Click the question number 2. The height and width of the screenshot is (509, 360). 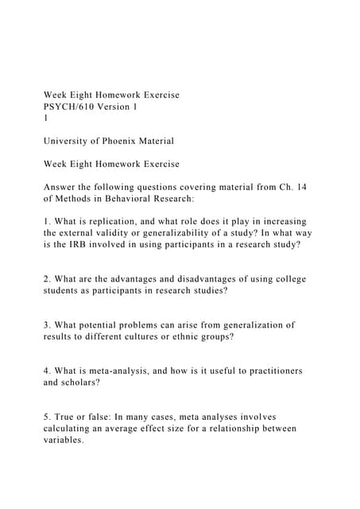point(47,279)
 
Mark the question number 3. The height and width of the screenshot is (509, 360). point(47,324)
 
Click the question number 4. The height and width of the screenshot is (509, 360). point(47,371)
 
